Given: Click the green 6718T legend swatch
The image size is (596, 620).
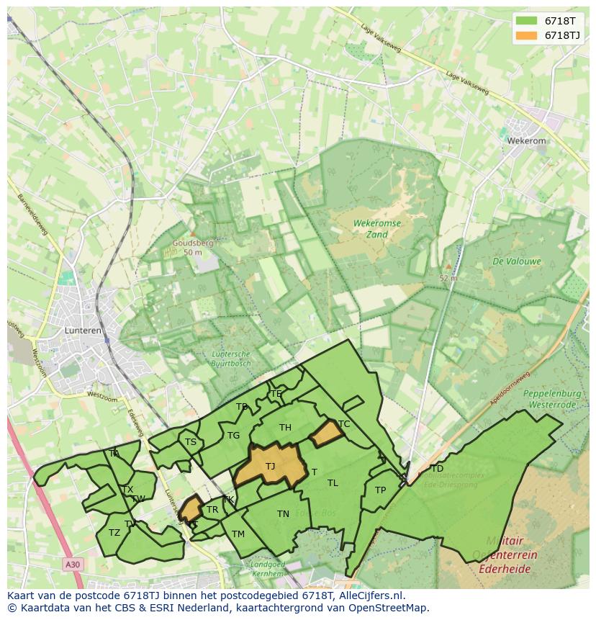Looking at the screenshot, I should pyautogui.click(x=527, y=21).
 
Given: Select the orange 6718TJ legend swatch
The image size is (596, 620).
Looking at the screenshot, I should pyautogui.click(x=527, y=35).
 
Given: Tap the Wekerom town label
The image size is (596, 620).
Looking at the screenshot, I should pyautogui.click(x=526, y=141).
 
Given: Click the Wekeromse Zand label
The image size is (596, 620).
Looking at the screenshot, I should pyautogui.click(x=377, y=229).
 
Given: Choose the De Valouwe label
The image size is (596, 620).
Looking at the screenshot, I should pyautogui.click(x=517, y=261).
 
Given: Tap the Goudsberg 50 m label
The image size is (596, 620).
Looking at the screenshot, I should pyautogui.click(x=192, y=248).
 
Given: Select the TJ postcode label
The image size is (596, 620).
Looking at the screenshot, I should pyautogui.click(x=270, y=467).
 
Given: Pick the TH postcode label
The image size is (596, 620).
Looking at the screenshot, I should pyautogui.click(x=285, y=428).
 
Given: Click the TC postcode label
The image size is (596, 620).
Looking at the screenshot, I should pyautogui.click(x=344, y=424).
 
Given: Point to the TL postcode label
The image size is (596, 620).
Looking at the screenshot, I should pyautogui.click(x=333, y=482).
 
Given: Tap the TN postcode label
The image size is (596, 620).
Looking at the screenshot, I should pyautogui.click(x=283, y=513).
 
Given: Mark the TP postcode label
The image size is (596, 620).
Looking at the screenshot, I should pyautogui.click(x=380, y=490).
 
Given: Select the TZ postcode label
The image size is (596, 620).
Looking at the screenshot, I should pyautogui.click(x=114, y=533).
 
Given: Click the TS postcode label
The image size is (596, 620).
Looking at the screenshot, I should pyautogui.click(x=190, y=442).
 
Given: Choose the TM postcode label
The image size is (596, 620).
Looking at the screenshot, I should pyautogui.click(x=238, y=534).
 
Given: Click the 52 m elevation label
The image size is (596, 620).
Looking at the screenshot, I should pyautogui.click(x=448, y=277).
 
